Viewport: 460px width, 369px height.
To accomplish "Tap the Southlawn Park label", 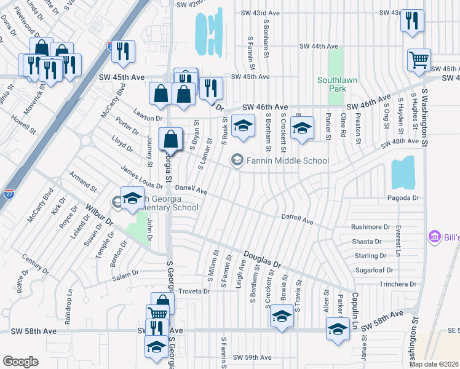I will click(x=331, y=84).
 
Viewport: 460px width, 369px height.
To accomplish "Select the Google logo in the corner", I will click(x=20, y=362).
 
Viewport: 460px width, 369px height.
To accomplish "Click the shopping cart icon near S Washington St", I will click(x=418, y=60).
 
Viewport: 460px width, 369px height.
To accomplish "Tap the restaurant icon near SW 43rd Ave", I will click(x=412, y=20).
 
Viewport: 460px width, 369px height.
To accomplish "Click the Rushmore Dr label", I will click(x=370, y=227).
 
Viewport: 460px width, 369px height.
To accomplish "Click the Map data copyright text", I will click(x=434, y=364).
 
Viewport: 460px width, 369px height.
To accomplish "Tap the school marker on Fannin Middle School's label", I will click(x=237, y=161).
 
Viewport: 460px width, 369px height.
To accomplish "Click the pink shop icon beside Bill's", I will click(x=434, y=237).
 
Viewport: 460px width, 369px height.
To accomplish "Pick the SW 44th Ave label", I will click(x=319, y=47).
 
